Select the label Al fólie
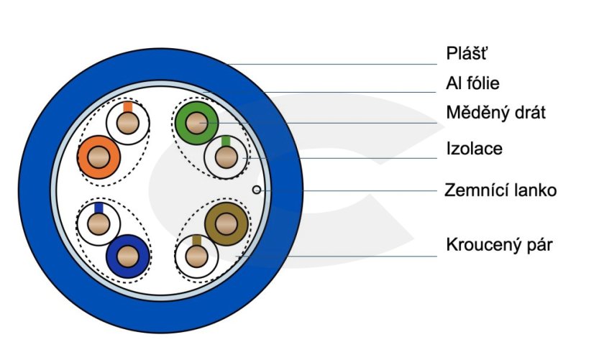(472, 83)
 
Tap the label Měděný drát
(495, 113)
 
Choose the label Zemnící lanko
(501, 190)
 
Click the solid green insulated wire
(196, 121)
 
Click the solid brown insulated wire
(226, 223)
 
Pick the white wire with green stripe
(226, 157)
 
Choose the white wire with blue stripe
(99, 223)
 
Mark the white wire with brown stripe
(196, 256)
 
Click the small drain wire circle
(257, 190)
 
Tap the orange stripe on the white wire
(127, 107)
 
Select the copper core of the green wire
(196, 122)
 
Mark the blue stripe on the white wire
(99, 208)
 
